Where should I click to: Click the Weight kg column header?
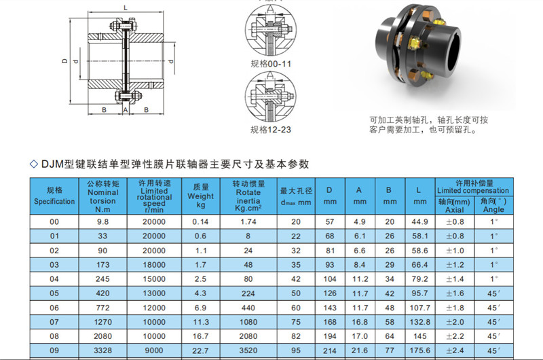point(200,196)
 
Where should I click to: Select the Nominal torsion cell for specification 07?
point(103,322)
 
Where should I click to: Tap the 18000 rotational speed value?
point(154,265)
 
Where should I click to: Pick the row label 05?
point(54,293)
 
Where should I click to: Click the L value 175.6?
point(419,350)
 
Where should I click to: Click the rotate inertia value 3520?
point(248,350)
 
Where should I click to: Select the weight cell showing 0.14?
point(200,221)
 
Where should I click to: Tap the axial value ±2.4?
point(455,350)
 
